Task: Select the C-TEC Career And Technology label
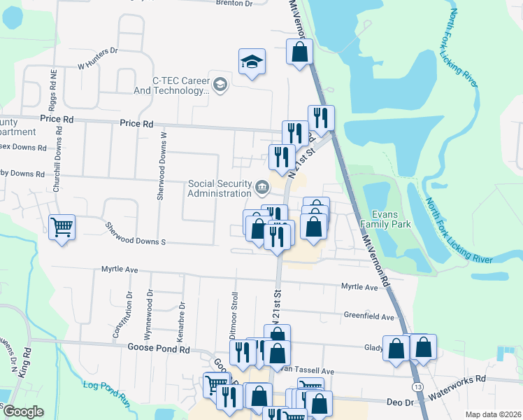click(175, 86)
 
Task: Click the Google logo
click(22, 411)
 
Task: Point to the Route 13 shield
click(417, 387)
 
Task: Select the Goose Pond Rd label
click(159, 348)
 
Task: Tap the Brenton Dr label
click(234, 3)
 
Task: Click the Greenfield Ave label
click(370, 316)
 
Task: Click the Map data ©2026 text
click(494, 414)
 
